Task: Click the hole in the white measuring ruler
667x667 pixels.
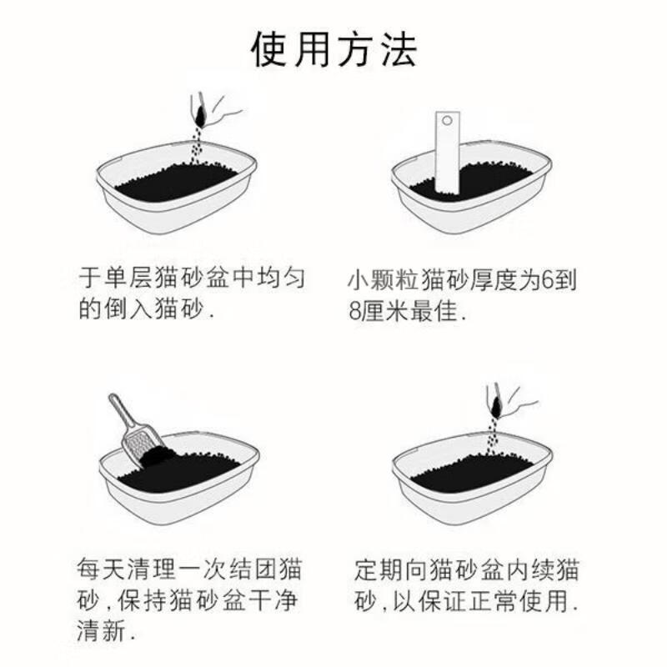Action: [447, 120]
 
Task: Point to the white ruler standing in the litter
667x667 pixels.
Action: [448, 153]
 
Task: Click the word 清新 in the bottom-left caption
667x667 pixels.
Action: [101, 630]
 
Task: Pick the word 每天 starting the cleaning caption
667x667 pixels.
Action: [101, 569]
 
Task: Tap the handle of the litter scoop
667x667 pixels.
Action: [122, 411]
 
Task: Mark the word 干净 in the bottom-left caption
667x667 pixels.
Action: [273, 599]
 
